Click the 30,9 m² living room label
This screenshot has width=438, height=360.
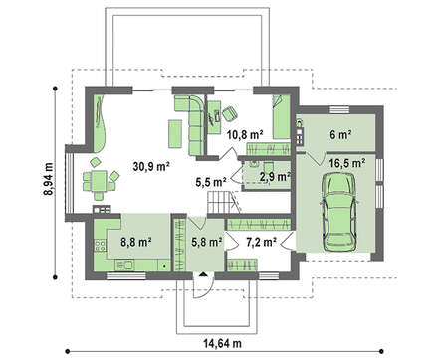[x=151, y=167]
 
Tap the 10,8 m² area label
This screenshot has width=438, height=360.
[x=245, y=135]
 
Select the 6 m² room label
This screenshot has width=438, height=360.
[x=340, y=134]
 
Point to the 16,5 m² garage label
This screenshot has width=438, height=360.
[x=347, y=163]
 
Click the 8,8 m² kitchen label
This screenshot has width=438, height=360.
[x=136, y=242]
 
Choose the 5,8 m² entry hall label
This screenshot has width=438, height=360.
[x=207, y=242]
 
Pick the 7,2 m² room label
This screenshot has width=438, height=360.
[x=261, y=242]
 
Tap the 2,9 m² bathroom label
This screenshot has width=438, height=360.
[x=275, y=177]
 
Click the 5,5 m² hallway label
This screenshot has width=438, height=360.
[x=211, y=182]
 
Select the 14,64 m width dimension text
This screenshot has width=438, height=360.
[x=222, y=343]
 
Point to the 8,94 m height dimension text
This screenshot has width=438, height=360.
[x=49, y=179]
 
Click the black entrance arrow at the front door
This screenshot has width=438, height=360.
[x=203, y=274]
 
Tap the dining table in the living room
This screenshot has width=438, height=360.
[x=99, y=180]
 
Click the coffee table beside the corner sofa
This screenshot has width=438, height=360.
[x=175, y=134]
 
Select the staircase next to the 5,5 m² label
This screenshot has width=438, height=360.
[x=219, y=202]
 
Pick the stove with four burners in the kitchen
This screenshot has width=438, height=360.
[x=100, y=246]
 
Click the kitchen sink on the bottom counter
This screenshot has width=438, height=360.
[x=125, y=265]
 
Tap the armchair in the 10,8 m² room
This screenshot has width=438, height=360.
[x=230, y=113]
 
